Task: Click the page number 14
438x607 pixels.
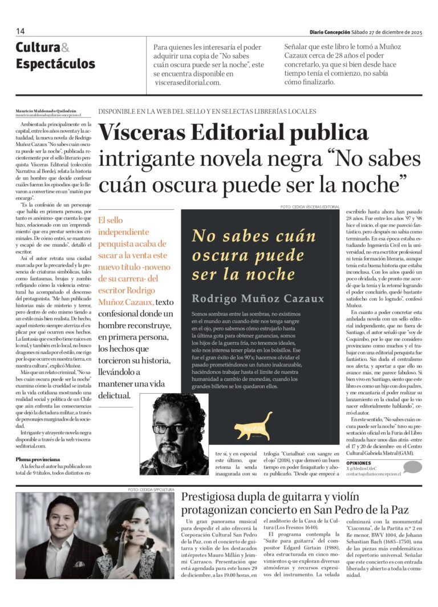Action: [x=21, y=31]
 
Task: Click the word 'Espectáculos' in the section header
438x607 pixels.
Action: [x=55, y=63]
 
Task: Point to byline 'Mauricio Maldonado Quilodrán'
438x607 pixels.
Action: [x=45, y=111]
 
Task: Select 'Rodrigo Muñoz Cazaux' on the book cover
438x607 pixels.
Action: [x=258, y=299]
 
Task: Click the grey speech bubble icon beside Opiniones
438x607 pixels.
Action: [x=412, y=467]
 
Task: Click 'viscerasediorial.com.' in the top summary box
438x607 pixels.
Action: [x=188, y=82]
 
